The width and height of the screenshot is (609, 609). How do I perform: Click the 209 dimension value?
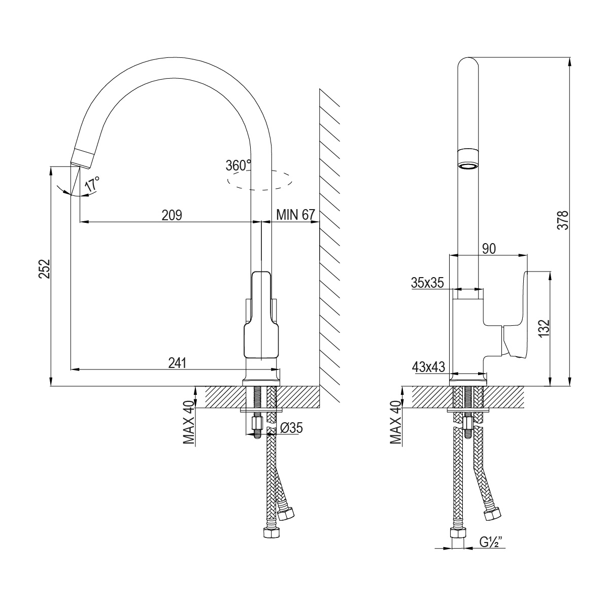172,215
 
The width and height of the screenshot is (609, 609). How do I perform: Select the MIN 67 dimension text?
295,215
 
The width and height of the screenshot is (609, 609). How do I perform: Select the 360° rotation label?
239,165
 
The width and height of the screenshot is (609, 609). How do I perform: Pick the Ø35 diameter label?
291,428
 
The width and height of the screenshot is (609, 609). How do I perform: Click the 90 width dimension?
489,248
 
